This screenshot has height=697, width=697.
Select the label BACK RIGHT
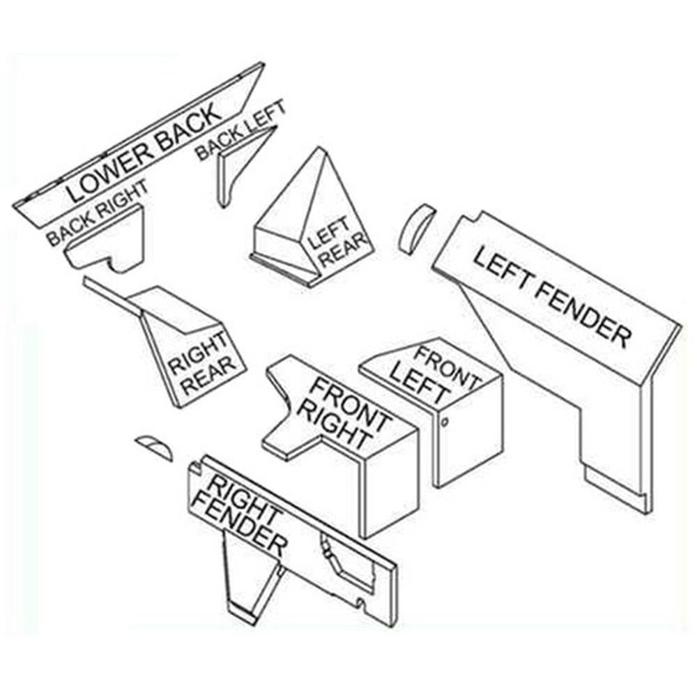tap(97, 212)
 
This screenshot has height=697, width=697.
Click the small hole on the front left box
tap(445, 421)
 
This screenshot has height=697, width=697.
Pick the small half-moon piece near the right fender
tap(154, 447)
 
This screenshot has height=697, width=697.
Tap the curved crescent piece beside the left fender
tap(415, 229)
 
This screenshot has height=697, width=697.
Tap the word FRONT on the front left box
tap(447, 367)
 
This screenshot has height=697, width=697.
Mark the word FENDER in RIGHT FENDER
tap(240, 526)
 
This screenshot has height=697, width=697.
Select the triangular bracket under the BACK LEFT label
tap(243, 165)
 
